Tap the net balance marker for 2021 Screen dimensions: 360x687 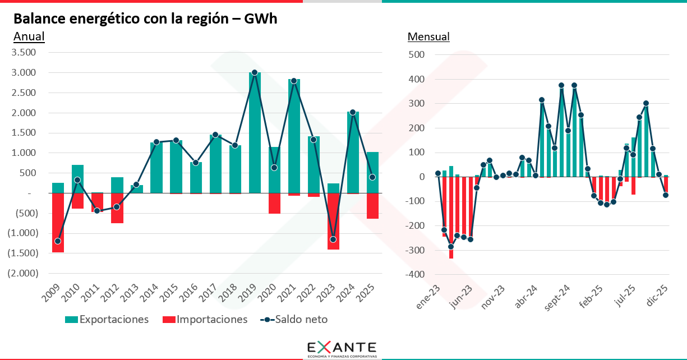pos(294,81)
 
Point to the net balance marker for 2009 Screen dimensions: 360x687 pos(58,241)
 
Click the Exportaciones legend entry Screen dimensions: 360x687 pos(107,320)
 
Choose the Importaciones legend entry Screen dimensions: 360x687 pos(205,320)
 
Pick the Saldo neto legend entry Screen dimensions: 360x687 pos(294,320)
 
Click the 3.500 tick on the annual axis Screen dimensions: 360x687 pos(24,53)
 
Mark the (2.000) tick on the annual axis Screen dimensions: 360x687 pos(22,273)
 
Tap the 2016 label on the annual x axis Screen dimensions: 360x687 pos(191,293)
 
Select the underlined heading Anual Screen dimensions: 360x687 pos(29,37)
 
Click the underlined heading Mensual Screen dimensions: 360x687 pos(428,37)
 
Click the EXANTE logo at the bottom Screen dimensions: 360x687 pos(342,348)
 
